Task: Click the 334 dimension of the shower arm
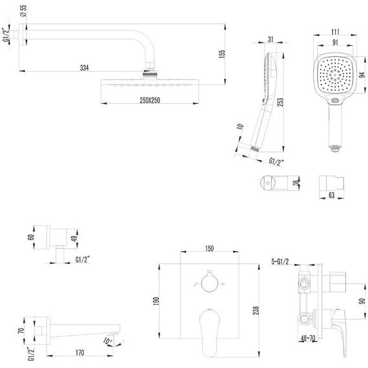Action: [x=85, y=67]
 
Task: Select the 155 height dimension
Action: [x=222, y=55]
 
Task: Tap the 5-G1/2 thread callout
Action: [x=281, y=261]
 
